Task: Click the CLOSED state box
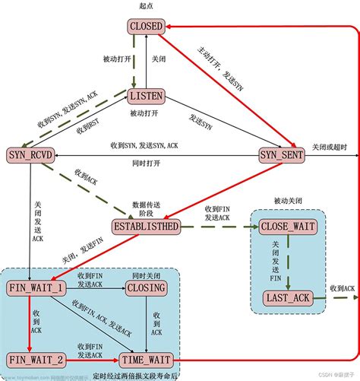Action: pos(146,27)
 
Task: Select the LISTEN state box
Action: pos(146,97)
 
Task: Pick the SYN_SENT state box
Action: pos(280,154)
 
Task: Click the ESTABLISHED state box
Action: pos(146,227)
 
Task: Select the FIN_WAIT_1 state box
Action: pos(36,288)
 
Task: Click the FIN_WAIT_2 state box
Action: pos(36,357)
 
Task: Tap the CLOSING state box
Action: pos(147,288)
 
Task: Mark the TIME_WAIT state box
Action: pos(147,357)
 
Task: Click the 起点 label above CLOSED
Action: pos(146,7)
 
